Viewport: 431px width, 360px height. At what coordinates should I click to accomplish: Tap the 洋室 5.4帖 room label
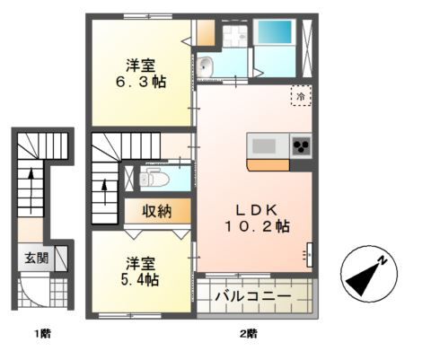pos(142,271)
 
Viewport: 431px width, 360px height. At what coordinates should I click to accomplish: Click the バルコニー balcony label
pos(256,294)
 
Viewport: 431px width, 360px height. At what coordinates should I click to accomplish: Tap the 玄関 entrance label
pos(37,259)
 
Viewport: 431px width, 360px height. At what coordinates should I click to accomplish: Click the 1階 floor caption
pos(42,334)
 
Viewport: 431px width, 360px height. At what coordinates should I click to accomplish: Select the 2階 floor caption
pos(248,334)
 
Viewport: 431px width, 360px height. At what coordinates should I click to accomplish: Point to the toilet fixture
pos(154,176)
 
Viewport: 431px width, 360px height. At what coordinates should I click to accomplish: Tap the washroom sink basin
pos(207,65)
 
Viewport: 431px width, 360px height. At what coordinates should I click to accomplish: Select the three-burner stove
pos(300,145)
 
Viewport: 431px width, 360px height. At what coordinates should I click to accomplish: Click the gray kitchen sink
pos(265,145)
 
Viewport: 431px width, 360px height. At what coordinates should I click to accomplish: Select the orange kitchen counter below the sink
pos(268,164)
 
